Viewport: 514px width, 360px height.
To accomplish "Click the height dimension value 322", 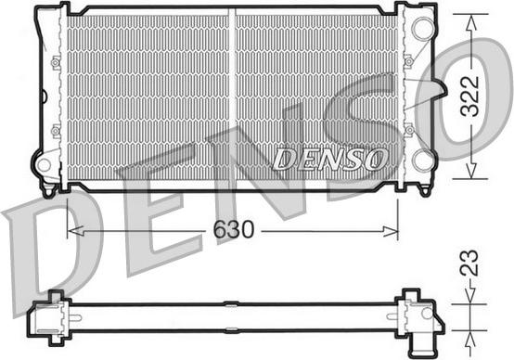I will coord(474,95).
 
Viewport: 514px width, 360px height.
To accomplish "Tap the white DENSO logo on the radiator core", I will coord(330,159).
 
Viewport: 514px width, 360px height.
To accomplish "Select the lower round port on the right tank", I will coord(423,161).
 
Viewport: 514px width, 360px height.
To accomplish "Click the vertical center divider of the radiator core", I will coord(233,93).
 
